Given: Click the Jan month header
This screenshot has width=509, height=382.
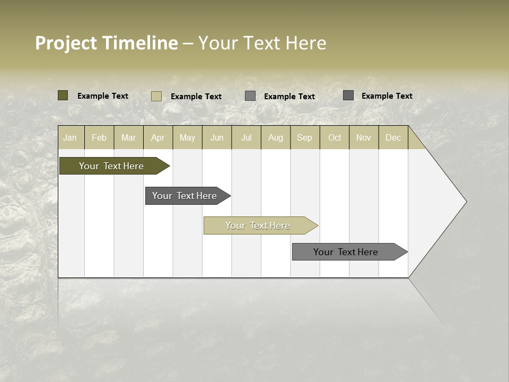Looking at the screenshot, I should (x=70, y=137).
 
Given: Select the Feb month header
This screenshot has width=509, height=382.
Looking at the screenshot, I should (x=99, y=137).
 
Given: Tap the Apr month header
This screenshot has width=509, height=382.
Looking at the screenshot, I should (x=157, y=137).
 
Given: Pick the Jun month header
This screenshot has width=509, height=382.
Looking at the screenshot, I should (x=217, y=137).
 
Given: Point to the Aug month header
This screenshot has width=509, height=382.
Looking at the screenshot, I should (x=276, y=137).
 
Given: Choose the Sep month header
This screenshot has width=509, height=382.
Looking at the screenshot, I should (x=304, y=137).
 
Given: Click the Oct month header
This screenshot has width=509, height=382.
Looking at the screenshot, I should (x=335, y=137).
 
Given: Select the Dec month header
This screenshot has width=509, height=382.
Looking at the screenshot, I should (x=393, y=137).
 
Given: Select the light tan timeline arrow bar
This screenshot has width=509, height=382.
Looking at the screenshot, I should (x=259, y=225).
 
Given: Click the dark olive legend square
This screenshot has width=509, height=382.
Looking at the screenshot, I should (x=63, y=95).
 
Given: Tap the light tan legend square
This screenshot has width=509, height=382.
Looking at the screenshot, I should (x=156, y=96).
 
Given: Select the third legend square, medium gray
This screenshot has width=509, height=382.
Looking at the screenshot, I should (x=250, y=96).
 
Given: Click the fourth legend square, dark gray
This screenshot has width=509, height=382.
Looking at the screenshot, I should (x=348, y=95).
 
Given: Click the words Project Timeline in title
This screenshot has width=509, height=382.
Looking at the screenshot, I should (x=106, y=43).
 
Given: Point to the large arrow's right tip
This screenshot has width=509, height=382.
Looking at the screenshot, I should (x=465, y=202).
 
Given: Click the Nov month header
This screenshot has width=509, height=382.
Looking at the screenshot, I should (x=364, y=137).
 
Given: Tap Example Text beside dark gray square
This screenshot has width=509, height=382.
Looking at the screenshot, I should (x=387, y=95).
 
